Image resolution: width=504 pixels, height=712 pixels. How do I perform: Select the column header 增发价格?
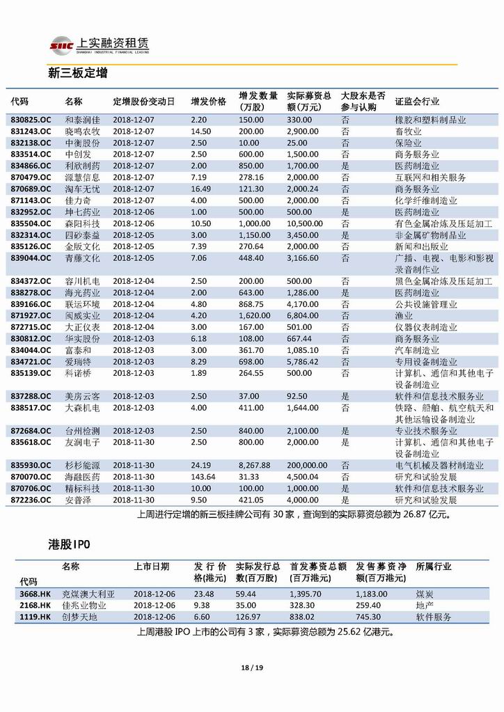tap(209, 102)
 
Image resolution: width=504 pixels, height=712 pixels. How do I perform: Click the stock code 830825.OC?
tap(31, 120)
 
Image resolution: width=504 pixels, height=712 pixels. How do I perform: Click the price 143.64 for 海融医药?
tap(203, 477)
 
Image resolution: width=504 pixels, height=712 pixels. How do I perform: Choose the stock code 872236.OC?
tap(31, 500)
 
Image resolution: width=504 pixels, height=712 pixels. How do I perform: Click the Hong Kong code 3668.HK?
tap(36, 594)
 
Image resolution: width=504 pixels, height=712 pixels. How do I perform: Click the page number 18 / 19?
tap(251, 668)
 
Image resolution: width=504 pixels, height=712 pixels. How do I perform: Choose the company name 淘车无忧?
tap(82, 189)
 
